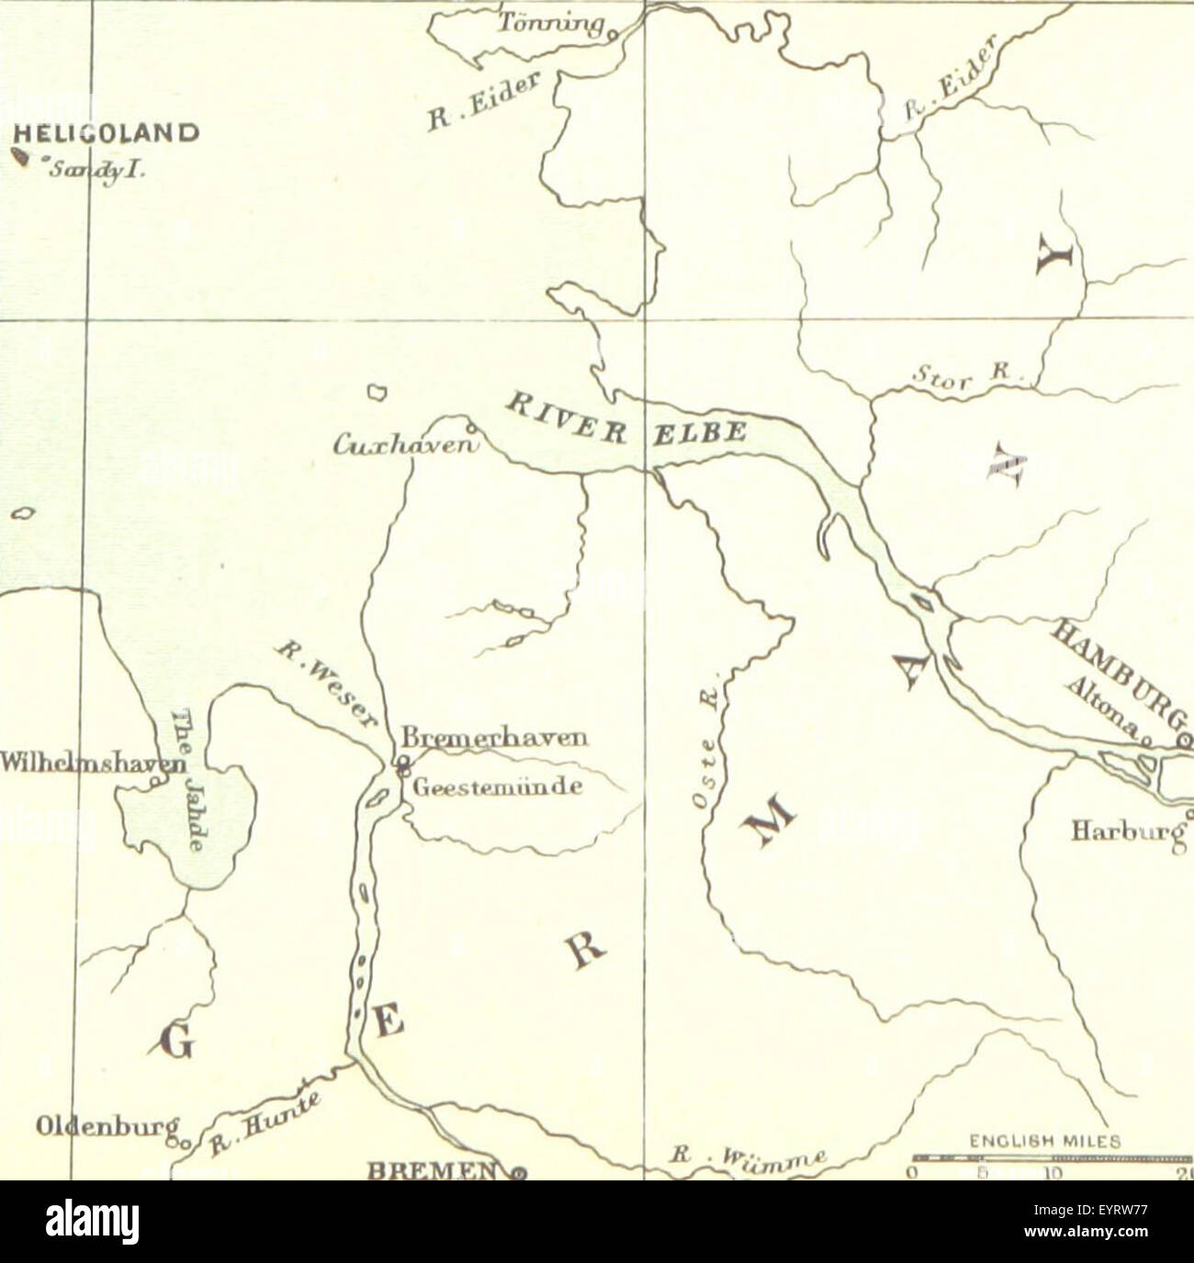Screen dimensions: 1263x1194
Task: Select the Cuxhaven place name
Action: coord(407,445)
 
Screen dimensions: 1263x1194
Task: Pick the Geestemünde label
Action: coord(497,788)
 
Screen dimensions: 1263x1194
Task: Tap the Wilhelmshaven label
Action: coord(92,763)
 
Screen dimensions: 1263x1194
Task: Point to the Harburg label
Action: coord(1126,832)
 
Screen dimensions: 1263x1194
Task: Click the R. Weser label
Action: coord(327,685)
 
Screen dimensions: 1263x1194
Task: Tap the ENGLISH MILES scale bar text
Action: coord(1044,1142)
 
